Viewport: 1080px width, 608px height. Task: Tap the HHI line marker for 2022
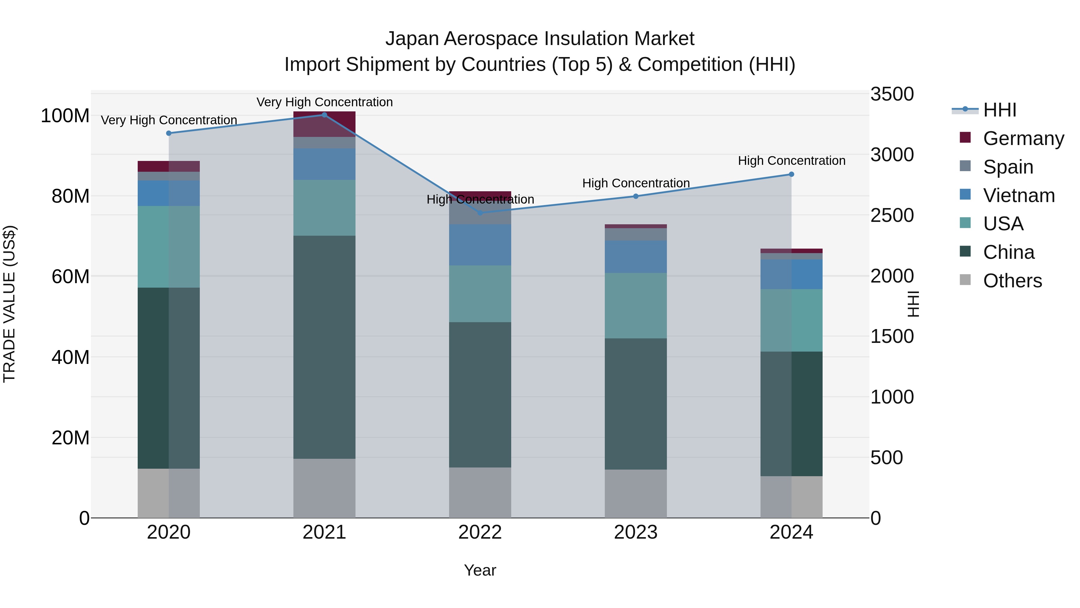click(480, 213)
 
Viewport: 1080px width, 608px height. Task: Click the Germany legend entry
click(1023, 138)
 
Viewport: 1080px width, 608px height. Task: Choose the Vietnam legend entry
click(1019, 195)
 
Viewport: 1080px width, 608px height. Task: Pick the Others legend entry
click(1012, 281)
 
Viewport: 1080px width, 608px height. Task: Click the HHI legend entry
click(1000, 110)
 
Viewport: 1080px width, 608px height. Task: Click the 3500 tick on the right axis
click(892, 94)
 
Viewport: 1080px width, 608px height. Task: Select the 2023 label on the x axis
click(636, 532)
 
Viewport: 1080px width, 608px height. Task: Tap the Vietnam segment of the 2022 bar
click(480, 245)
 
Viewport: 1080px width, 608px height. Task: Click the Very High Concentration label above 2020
click(169, 120)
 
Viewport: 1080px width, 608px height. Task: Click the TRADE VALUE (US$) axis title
click(9, 304)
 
